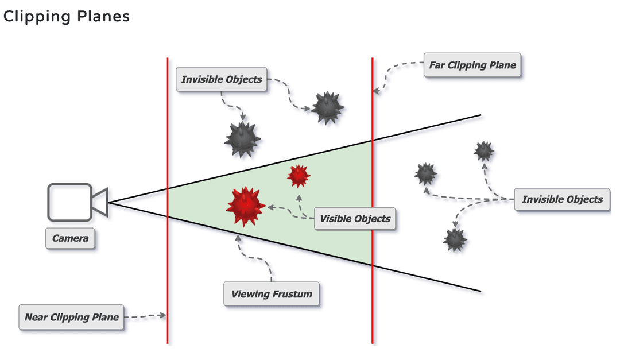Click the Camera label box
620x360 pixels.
point(70,238)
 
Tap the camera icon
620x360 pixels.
point(75,202)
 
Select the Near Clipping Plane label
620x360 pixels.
point(71,317)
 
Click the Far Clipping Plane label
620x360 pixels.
point(472,65)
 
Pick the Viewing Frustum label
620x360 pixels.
point(271,294)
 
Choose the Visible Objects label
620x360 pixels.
point(355,218)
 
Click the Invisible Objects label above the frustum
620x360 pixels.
point(222,79)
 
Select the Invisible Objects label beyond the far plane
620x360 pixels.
point(562,199)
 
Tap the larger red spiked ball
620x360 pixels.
point(246,206)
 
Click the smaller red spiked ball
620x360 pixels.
point(299,176)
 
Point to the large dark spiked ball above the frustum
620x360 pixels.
point(242,139)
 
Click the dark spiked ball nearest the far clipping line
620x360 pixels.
point(328,107)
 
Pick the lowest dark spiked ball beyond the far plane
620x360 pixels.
point(455,239)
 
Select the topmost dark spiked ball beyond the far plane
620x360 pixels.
point(483,151)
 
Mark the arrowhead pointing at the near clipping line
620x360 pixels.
point(163,315)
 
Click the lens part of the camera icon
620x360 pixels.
point(100,202)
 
